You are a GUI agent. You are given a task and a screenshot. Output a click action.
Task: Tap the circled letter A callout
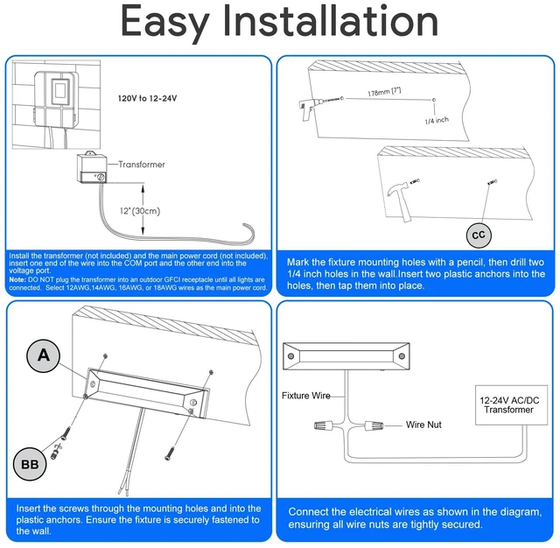click(43, 355)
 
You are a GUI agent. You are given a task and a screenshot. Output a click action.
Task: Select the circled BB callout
click(30, 464)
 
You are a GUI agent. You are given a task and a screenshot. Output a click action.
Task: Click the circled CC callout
click(479, 235)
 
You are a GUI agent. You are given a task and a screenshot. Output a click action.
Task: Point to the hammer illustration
click(401, 200)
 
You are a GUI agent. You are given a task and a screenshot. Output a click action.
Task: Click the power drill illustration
click(313, 107)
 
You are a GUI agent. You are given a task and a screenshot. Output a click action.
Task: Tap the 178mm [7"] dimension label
click(384, 91)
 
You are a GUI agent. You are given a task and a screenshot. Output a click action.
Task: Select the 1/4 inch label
click(437, 121)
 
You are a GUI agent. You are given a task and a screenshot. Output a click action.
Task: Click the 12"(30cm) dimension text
click(140, 211)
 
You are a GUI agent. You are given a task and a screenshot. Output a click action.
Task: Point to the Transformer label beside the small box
click(142, 165)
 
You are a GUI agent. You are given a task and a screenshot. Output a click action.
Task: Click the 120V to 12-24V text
click(148, 98)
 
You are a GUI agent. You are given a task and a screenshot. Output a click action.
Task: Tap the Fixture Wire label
click(305, 396)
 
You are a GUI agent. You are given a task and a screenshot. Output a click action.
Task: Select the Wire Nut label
click(423, 425)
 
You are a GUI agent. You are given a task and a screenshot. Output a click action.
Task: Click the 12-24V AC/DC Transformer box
click(511, 405)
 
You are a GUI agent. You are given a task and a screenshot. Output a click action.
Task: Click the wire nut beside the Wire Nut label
click(374, 425)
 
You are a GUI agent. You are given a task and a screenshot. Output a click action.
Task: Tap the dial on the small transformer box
click(101, 177)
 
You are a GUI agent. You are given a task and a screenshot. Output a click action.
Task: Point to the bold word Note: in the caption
click(17, 280)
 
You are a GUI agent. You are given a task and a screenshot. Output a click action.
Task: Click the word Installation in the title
click(330, 21)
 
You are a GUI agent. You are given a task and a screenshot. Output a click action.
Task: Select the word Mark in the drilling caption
click(297, 263)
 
